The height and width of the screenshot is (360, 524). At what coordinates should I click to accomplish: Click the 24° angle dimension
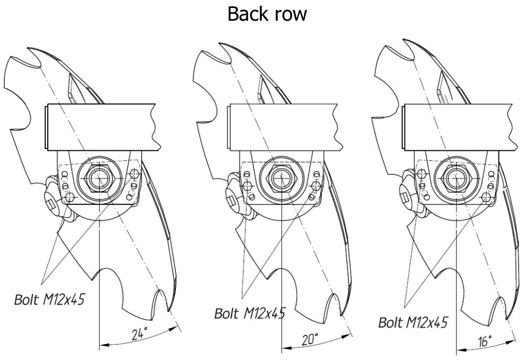(140, 334)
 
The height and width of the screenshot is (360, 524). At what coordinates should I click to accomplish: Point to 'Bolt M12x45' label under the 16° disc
(413, 321)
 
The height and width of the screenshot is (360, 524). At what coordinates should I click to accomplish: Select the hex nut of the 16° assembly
(455, 179)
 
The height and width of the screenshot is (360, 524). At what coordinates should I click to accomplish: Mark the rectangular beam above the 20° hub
(284, 128)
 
